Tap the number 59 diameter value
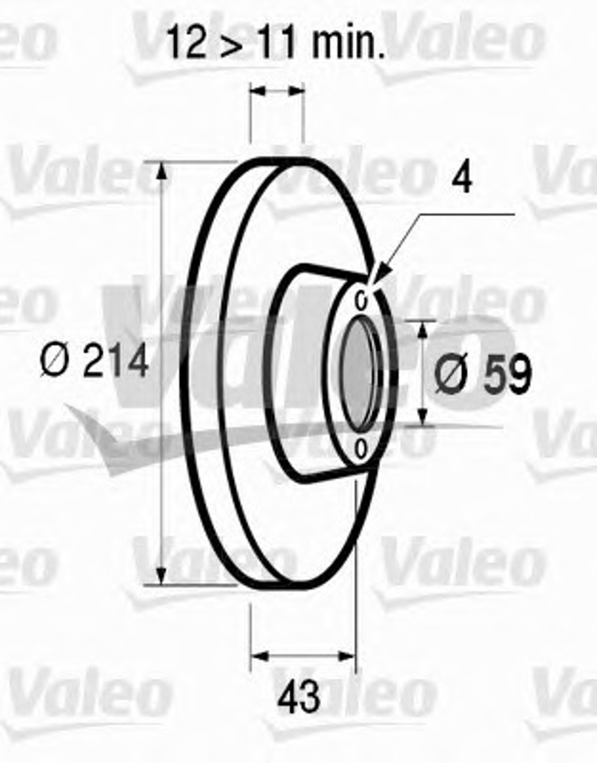click(507, 373)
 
